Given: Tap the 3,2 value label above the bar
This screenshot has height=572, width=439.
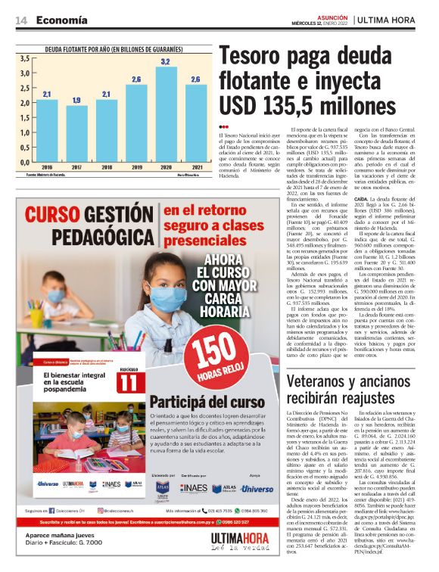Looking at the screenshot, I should coord(166,61).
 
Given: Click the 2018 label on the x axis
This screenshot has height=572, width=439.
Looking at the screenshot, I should coord(106,167).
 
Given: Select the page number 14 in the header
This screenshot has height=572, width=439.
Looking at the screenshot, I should coord(21,20).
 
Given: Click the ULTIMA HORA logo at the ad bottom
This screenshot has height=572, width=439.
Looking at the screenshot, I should coord(226,538).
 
